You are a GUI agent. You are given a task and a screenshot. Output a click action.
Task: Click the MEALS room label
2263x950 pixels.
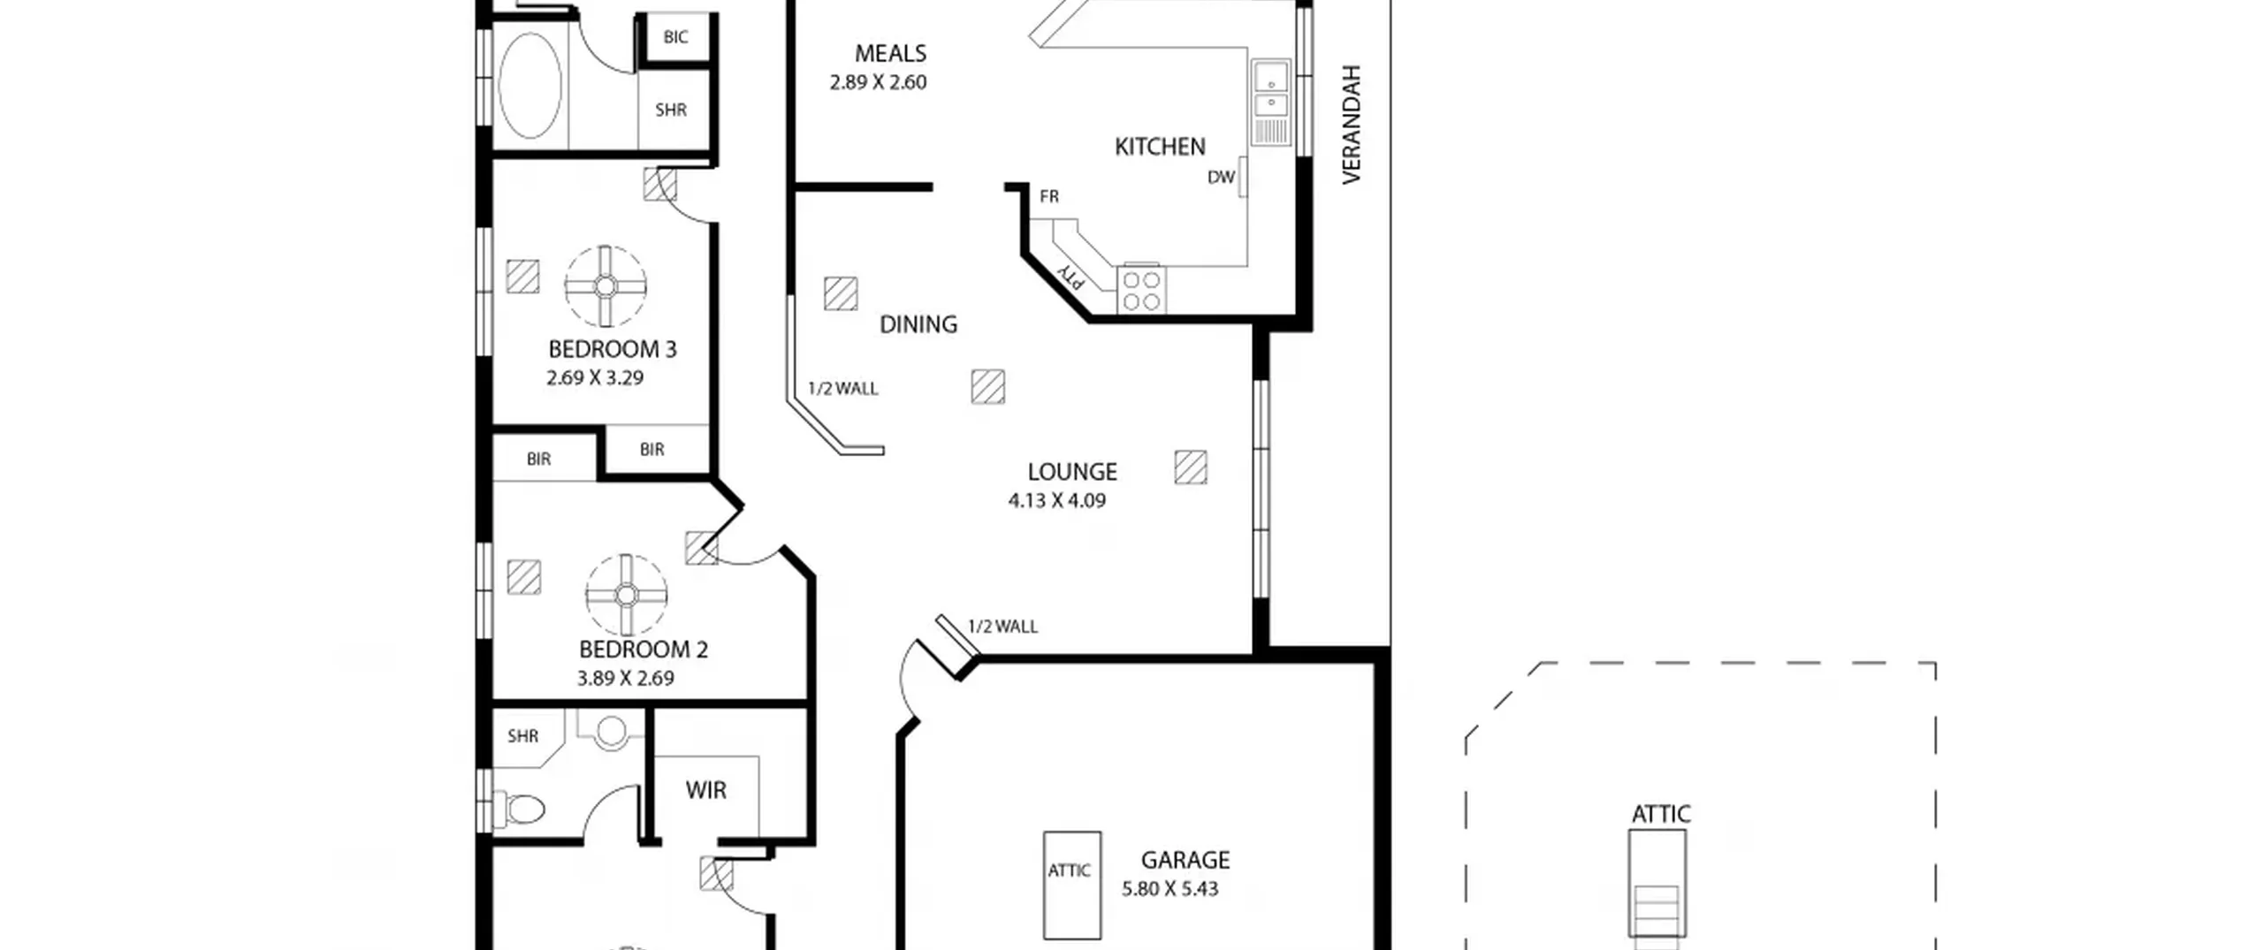890,54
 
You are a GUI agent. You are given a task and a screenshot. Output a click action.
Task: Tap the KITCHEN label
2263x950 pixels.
1160,147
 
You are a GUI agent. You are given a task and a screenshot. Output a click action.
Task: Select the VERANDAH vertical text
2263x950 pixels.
1351,125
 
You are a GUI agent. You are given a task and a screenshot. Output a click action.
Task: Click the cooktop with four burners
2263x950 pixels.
1141,291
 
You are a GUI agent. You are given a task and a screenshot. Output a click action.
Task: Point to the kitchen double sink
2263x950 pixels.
1271,103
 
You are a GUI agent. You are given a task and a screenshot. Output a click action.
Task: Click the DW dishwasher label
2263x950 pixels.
1221,178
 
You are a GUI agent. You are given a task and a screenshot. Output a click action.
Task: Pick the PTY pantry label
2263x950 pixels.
1071,277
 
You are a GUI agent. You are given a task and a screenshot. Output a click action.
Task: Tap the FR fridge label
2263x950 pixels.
1049,196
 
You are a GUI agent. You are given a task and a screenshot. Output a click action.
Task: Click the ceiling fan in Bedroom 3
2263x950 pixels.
606,286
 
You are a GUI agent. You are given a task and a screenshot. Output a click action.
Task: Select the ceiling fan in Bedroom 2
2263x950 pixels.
626,595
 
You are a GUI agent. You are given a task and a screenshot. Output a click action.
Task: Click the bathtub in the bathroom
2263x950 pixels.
530,86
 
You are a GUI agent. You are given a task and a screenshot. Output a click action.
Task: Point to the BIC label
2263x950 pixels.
675,37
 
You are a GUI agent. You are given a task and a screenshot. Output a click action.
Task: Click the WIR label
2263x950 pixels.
705,790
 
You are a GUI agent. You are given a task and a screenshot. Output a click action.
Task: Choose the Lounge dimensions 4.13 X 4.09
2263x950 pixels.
1057,501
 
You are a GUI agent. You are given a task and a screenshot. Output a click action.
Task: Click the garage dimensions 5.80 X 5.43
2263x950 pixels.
1170,889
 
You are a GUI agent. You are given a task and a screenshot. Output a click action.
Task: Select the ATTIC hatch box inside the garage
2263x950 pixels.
1072,885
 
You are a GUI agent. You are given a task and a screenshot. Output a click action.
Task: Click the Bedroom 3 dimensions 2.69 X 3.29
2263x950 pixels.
595,378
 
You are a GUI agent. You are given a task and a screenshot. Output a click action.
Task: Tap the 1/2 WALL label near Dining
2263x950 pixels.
843,389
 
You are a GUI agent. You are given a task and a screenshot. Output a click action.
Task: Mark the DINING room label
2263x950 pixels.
918,324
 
